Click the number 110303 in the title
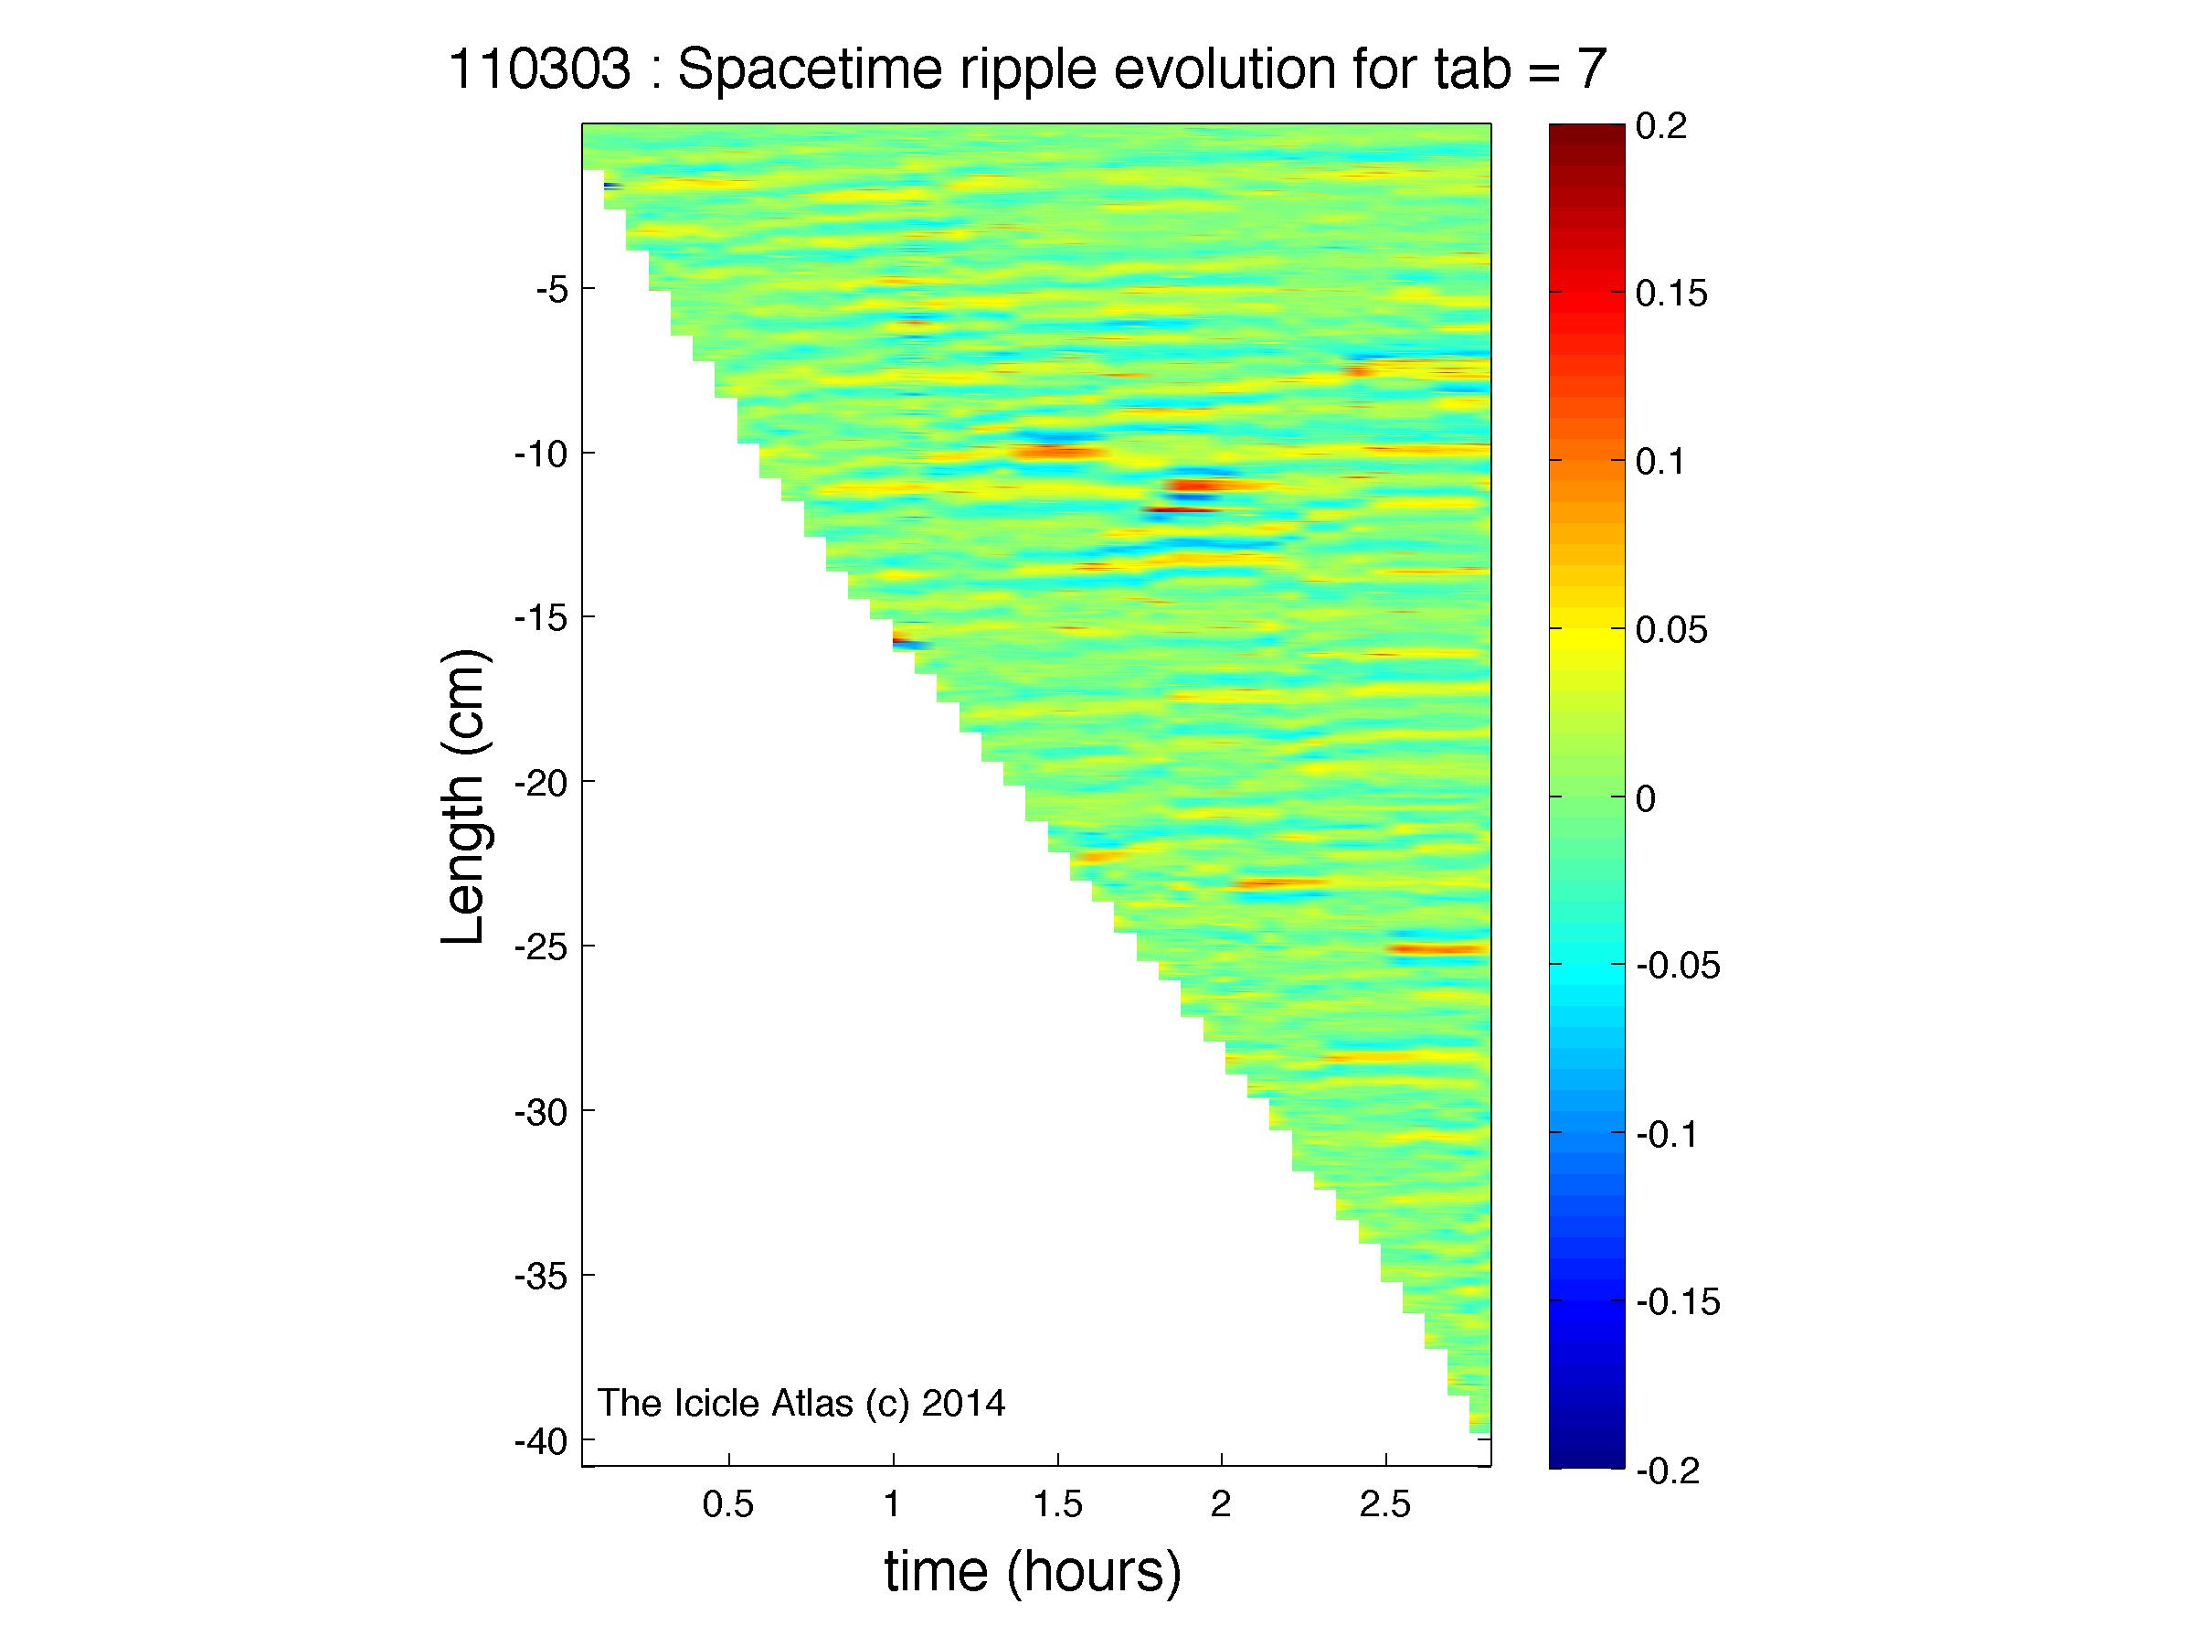pos(540,70)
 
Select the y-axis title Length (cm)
pos(463,797)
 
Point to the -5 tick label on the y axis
pos(551,290)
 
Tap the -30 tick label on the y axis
pos(541,1112)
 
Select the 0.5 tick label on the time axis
pos(728,1505)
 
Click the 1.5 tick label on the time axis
pos(1058,1505)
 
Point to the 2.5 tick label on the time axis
pos(1385,1505)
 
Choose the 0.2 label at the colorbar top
pos(1662,126)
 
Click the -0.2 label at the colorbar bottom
pos(1669,1471)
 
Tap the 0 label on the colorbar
pos(1647,798)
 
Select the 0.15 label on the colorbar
pos(1672,294)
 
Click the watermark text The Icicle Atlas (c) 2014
pos(801,1403)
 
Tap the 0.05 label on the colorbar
pos(1672,630)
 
